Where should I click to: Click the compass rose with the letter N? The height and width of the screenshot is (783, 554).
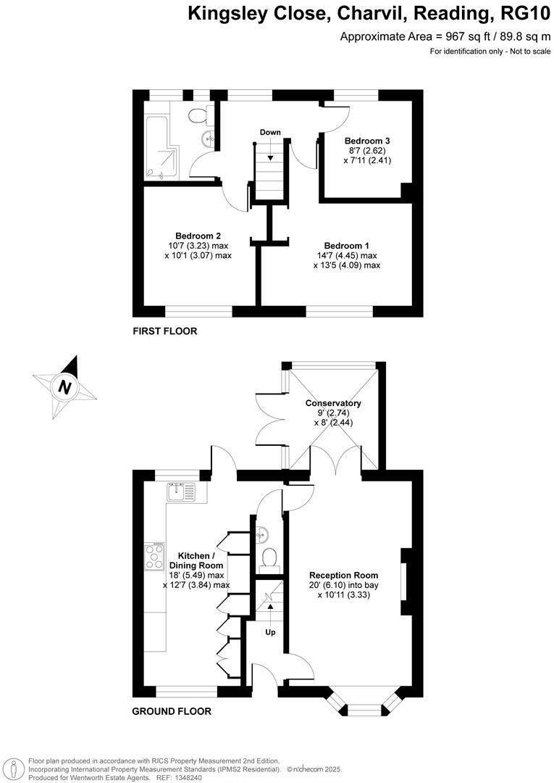click(65, 386)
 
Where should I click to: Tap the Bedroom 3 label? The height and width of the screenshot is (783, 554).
click(367, 141)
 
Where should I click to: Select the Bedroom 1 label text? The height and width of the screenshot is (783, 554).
click(347, 245)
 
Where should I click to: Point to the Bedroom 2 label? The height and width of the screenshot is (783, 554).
click(198, 236)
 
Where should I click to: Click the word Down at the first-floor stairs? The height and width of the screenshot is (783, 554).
click(270, 133)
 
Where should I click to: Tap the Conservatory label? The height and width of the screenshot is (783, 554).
click(332, 403)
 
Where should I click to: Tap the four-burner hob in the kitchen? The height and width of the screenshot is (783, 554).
click(154, 557)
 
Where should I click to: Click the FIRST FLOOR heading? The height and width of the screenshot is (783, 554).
click(164, 331)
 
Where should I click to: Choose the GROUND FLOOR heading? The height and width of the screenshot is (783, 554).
click(172, 711)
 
